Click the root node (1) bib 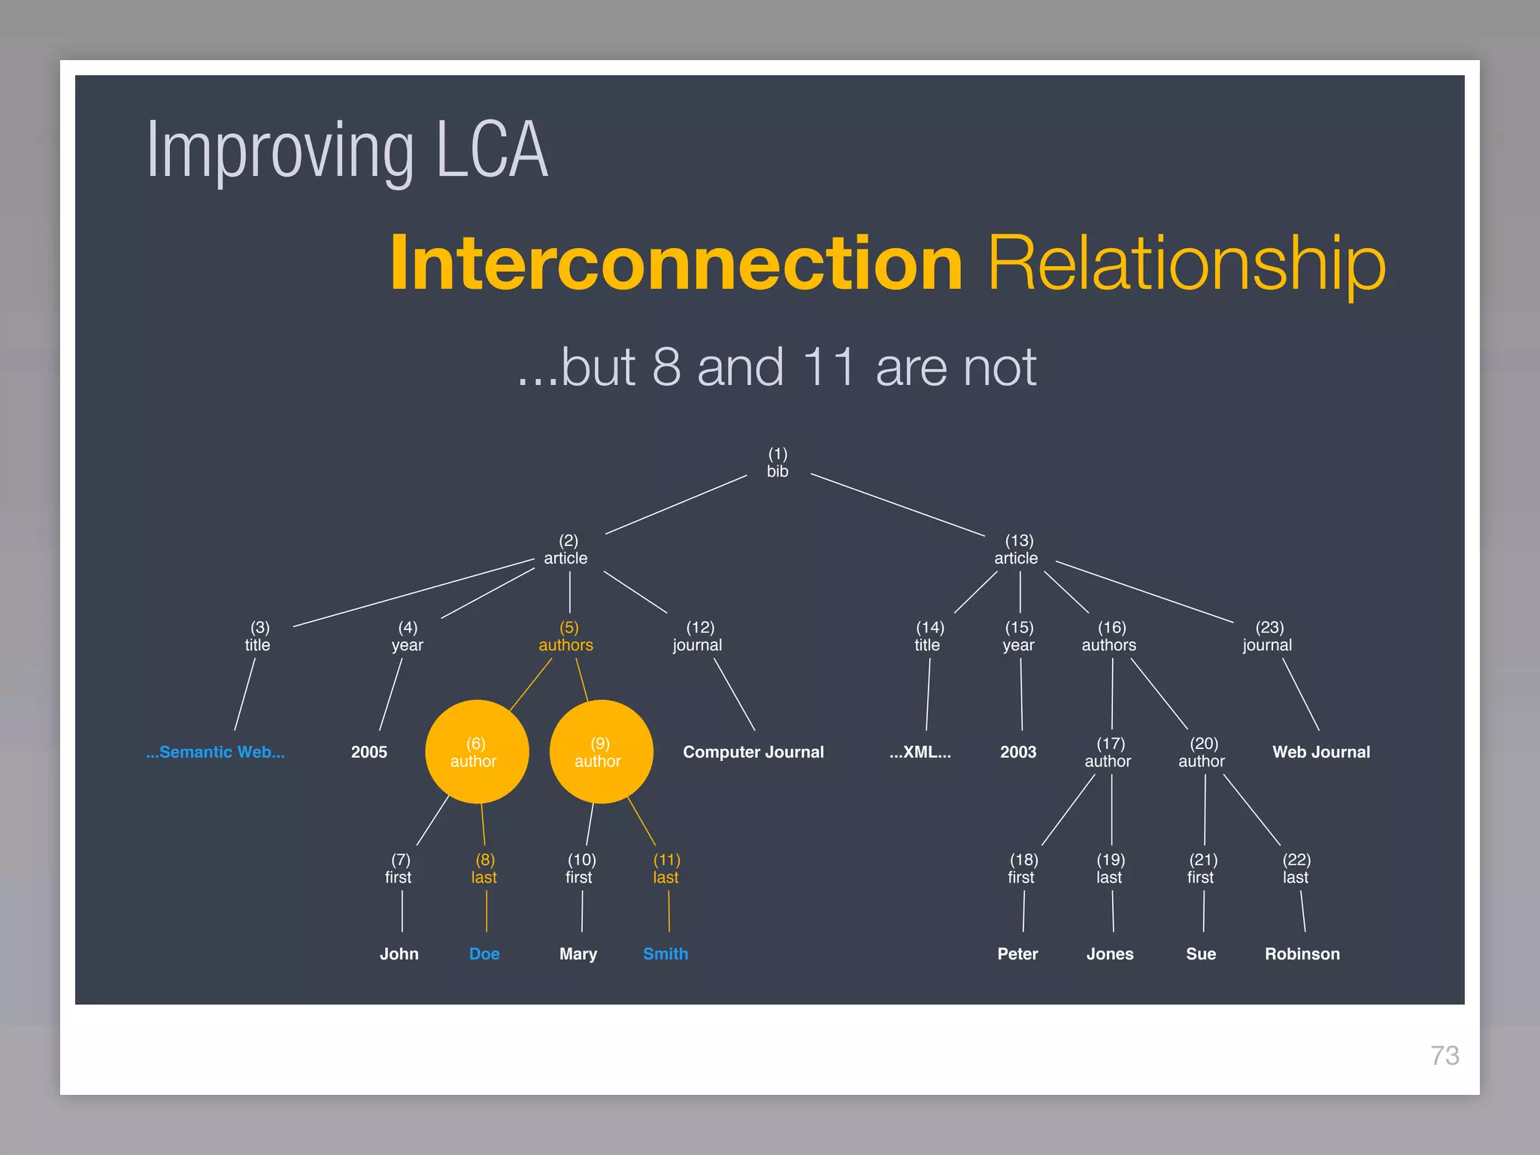(x=778, y=463)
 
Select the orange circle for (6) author (x=477, y=752)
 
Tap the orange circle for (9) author (x=601, y=752)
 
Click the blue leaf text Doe (x=484, y=953)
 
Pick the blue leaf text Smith (x=665, y=953)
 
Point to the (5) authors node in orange (x=566, y=637)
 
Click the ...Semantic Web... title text (x=215, y=752)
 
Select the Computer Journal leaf (x=753, y=752)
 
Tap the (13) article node (x=1017, y=550)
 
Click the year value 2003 (x=1018, y=752)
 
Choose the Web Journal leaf (x=1320, y=752)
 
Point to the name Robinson (x=1302, y=953)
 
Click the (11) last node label (x=666, y=869)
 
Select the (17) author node (x=1108, y=753)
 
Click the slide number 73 (x=1445, y=1055)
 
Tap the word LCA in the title (x=492, y=150)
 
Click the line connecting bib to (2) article (x=676, y=505)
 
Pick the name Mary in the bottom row (x=577, y=953)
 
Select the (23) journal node (x=1268, y=637)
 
